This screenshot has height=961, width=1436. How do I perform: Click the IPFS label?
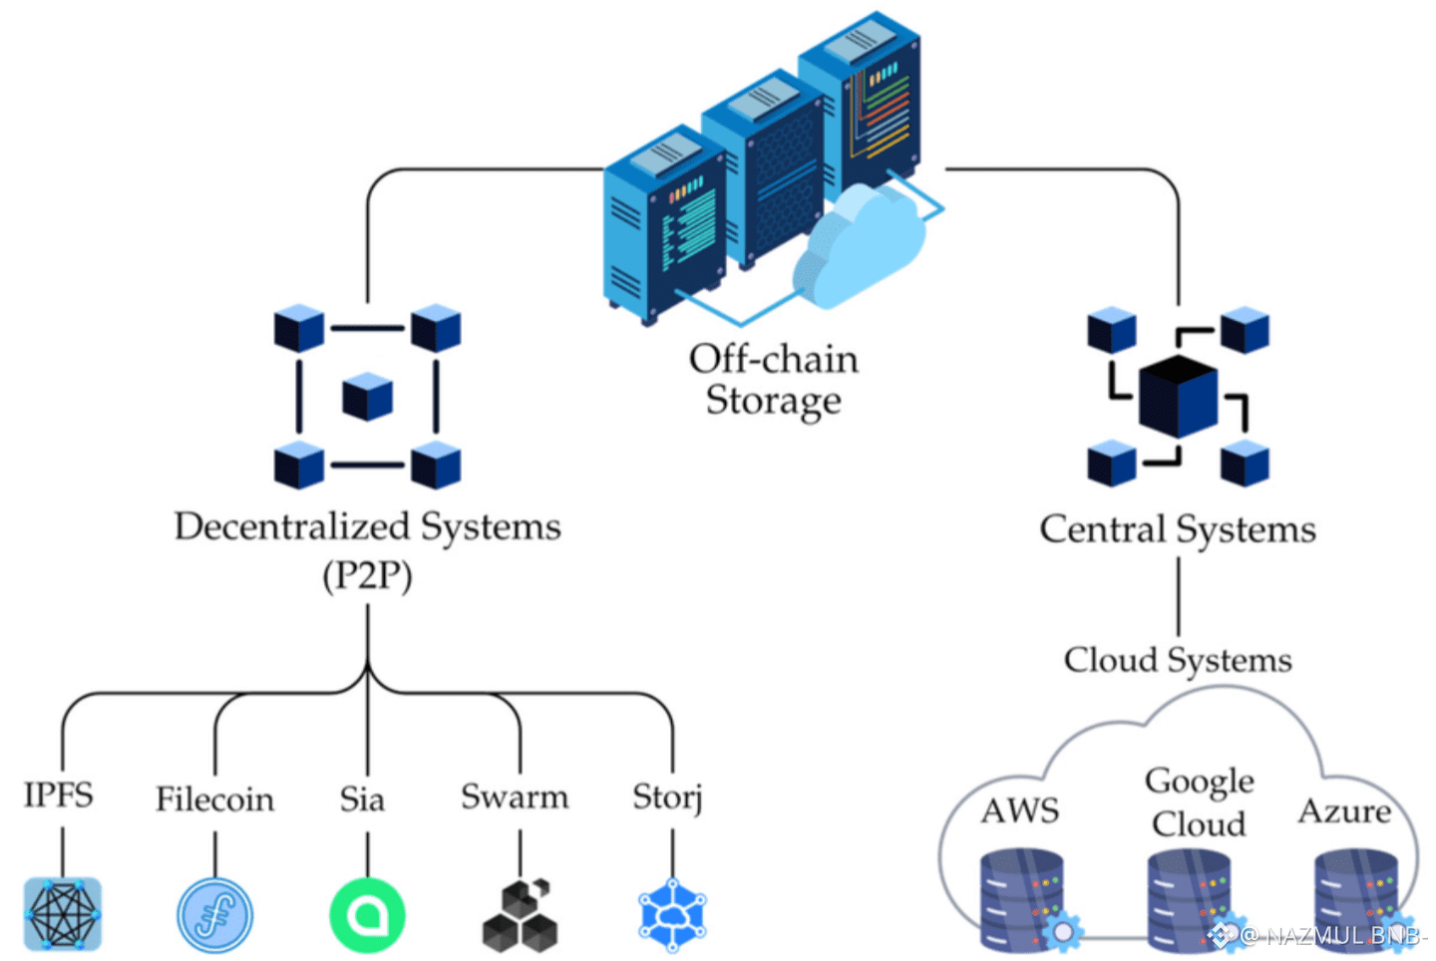click(x=59, y=796)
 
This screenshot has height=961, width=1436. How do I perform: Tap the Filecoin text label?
click(x=214, y=800)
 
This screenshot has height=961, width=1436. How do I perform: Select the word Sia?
click(x=362, y=800)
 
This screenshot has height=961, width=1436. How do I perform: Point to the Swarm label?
click(x=515, y=798)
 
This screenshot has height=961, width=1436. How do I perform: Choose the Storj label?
click(x=667, y=798)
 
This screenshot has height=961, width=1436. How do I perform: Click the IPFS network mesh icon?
click(x=63, y=914)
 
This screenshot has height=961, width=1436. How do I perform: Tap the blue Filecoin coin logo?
click(x=214, y=915)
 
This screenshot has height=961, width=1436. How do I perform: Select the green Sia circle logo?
click(x=367, y=915)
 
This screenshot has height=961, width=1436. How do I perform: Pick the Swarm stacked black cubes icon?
click(x=520, y=915)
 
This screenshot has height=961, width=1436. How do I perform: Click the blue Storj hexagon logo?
click(x=672, y=915)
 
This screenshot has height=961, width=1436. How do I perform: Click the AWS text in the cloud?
click(x=1019, y=811)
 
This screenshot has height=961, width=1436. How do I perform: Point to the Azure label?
click(x=1344, y=811)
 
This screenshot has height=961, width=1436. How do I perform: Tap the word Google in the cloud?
click(x=1199, y=782)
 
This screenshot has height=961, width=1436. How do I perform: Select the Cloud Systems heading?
click(x=1178, y=660)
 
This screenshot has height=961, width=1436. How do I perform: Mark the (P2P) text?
click(x=367, y=576)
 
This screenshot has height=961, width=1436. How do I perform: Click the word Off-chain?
click(x=773, y=359)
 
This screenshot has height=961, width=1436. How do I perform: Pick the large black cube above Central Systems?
click(x=1178, y=396)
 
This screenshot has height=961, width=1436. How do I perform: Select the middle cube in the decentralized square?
click(x=367, y=397)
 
